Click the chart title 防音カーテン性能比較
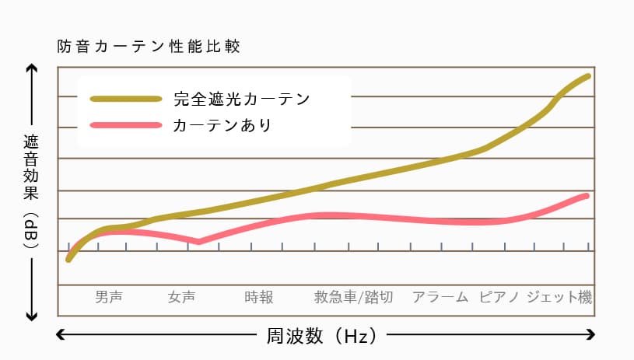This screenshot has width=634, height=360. coord(148,47)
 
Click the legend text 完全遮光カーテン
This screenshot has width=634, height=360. coord(242,100)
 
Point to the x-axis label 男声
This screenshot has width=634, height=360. coord(109,296)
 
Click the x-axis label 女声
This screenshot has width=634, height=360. coord(181,296)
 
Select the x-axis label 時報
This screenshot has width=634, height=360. coord(258,296)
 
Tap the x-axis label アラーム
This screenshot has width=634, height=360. coord(440,296)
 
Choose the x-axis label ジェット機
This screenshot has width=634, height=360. coord(559,296)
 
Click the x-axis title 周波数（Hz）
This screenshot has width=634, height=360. coord(321,336)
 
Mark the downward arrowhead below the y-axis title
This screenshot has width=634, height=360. coord(31,316)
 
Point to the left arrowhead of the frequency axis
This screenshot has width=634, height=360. coord(61,336)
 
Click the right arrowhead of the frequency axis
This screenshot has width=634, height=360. coord(593,336)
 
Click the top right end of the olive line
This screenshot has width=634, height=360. coord(588,76)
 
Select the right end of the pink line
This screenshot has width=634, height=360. coord(587,195)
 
